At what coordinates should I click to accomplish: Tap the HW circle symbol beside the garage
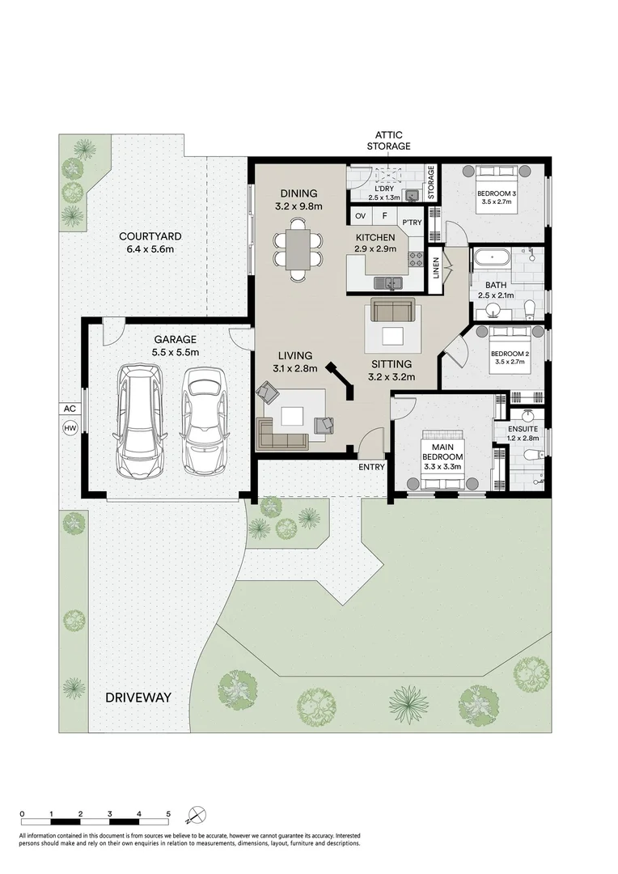pos(70,429)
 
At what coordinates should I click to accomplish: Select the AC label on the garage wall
pos(70,409)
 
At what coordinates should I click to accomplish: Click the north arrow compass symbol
pos(197,814)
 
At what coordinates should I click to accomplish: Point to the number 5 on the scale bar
pos(168,813)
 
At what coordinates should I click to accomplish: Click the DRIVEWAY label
pos(138,697)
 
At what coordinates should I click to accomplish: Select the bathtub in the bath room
pos(491,259)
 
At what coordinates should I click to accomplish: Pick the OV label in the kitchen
pos(360,216)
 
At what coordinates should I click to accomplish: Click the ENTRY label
pos(372,467)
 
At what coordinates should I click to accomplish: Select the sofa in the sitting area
pos(392,310)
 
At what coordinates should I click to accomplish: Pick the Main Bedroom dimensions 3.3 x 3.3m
pos(442,466)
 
